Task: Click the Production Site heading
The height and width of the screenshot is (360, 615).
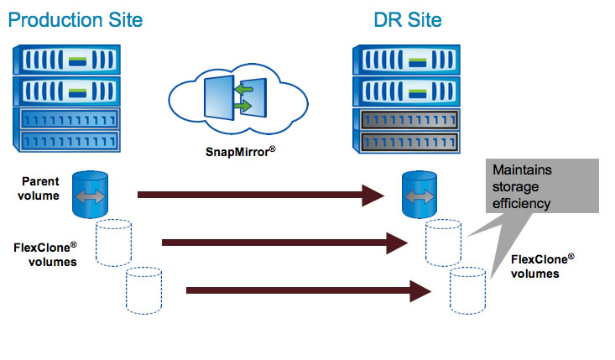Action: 75,18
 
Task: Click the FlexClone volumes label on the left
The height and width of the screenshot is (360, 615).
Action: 45,253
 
